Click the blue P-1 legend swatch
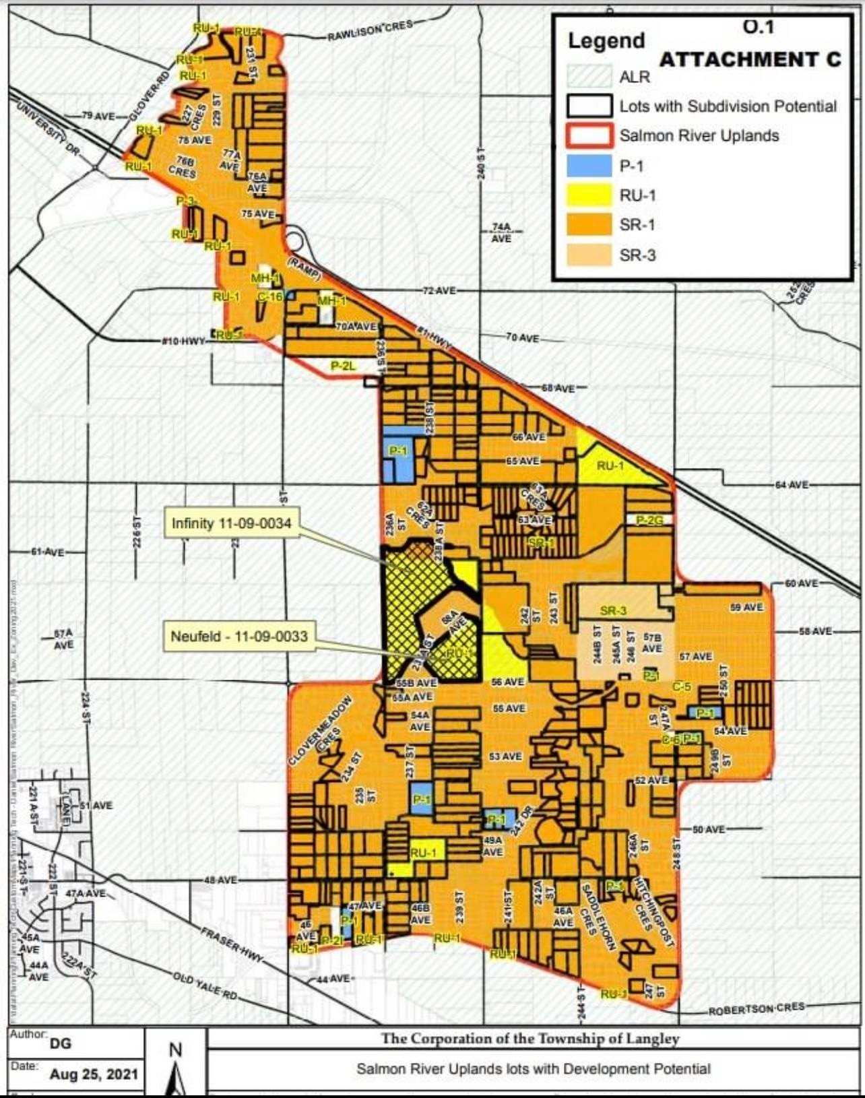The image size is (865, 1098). [x=589, y=166]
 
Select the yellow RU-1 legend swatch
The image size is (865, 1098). [x=589, y=195]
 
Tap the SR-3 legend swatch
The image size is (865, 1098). [x=589, y=255]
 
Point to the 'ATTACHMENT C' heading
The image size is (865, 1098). [x=750, y=60]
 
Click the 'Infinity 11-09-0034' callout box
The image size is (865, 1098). [x=232, y=524]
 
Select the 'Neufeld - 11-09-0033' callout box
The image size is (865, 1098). [x=239, y=637]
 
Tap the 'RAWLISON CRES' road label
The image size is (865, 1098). [x=369, y=30]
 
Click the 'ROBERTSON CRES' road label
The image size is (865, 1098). [x=756, y=1008]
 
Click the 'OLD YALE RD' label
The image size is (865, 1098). [x=205, y=986]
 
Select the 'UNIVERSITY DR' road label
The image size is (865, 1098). [x=47, y=129]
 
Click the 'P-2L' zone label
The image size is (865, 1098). [x=343, y=366]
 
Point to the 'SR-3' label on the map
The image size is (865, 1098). [x=613, y=611]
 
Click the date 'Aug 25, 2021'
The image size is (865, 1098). [x=94, y=1074]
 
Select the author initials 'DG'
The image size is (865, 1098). [x=59, y=1043]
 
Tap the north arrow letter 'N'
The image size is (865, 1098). [x=175, y=1049]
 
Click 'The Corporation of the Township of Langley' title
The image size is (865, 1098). [x=530, y=1038]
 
